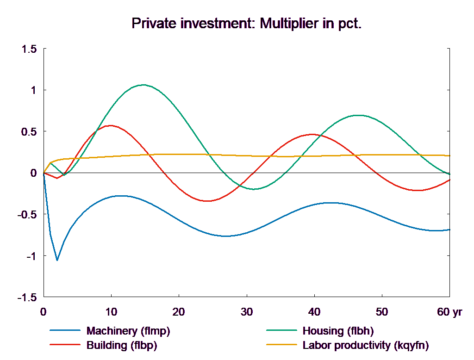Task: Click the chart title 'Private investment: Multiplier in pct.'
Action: (x=246, y=24)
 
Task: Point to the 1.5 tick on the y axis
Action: (x=29, y=49)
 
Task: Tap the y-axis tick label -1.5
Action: (x=27, y=298)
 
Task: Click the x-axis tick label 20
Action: (x=179, y=312)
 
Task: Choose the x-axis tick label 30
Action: (x=246, y=312)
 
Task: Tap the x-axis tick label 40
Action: (x=314, y=312)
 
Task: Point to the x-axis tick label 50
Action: (x=381, y=312)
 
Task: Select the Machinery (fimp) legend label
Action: (x=128, y=331)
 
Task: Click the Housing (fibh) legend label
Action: (x=338, y=331)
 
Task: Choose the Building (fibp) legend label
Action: (x=122, y=345)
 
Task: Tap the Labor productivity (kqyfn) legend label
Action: (x=366, y=345)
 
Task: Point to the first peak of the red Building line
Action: (x=110, y=125)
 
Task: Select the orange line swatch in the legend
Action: (x=281, y=345)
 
